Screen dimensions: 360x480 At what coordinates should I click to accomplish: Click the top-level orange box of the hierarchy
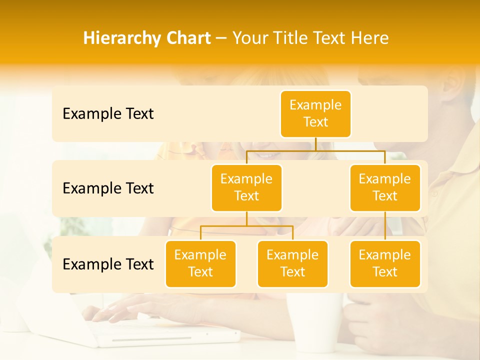(315, 113)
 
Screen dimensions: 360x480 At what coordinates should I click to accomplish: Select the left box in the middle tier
(246, 187)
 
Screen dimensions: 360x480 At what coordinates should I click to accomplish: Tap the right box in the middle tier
(385, 187)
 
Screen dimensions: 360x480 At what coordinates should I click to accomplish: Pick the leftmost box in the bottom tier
(200, 263)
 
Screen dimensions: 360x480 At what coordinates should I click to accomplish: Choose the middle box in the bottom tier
(292, 263)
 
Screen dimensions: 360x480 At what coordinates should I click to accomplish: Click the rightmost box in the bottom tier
(385, 263)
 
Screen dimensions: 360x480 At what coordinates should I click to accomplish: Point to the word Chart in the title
(186, 38)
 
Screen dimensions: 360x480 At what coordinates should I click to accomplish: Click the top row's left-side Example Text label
(108, 114)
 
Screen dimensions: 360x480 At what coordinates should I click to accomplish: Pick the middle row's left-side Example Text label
(108, 188)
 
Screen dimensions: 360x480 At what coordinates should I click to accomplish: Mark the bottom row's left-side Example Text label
(108, 264)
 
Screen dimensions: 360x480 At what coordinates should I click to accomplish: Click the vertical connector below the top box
(315, 144)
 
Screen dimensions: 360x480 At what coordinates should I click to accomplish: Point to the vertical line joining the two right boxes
(385, 226)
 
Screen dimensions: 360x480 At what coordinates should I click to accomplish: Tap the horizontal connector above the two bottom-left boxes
(246, 226)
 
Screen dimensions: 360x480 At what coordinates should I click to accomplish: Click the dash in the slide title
(221, 38)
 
